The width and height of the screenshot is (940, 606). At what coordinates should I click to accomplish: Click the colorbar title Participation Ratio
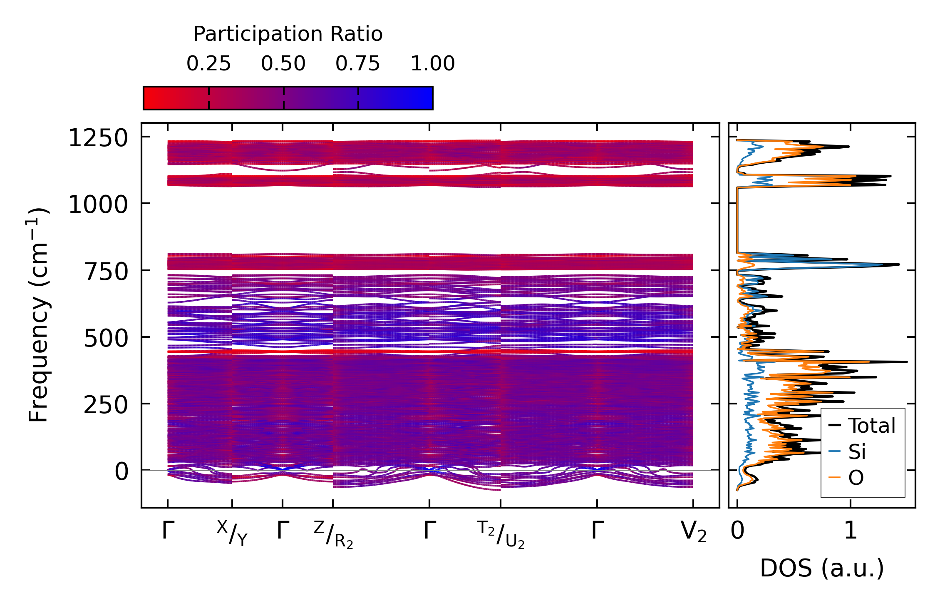click(x=288, y=34)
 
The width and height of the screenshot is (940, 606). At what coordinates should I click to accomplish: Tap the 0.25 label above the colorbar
click(x=208, y=64)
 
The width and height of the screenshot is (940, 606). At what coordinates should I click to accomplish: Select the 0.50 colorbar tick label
click(x=283, y=64)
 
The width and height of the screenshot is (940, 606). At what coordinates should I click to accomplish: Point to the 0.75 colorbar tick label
click(x=358, y=64)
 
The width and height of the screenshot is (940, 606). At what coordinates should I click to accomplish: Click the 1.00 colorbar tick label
click(x=433, y=64)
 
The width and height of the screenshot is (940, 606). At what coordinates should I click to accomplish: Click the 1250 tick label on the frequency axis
click(x=98, y=138)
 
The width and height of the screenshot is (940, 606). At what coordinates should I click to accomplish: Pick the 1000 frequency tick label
click(x=98, y=205)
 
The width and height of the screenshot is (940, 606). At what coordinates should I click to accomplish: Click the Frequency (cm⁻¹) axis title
click(x=39, y=315)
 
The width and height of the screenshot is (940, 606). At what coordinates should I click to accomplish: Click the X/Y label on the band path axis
click(x=232, y=533)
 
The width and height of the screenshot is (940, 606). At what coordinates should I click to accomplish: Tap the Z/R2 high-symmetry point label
click(x=333, y=535)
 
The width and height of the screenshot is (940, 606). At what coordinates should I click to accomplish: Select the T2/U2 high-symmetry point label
click(x=501, y=535)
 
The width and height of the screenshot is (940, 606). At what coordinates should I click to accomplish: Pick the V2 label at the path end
click(x=694, y=532)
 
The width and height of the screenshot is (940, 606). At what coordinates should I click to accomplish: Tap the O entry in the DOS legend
click(x=856, y=478)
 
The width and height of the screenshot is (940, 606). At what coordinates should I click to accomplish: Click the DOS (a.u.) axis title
click(x=822, y=569)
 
